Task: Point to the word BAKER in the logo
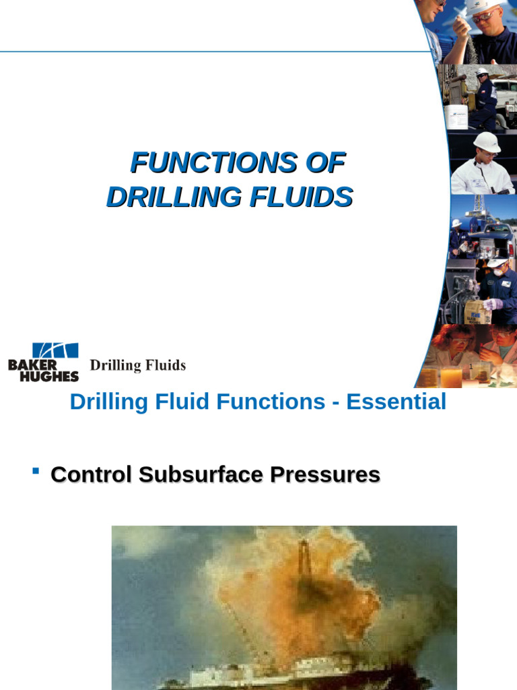click(32, 365)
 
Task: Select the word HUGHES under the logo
click(48, 376)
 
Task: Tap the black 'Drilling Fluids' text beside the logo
click(137, 365)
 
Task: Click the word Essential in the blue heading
click(396, 402)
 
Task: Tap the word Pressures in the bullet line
click(325, 474)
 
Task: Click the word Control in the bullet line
click(91, 474)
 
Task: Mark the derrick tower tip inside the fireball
click(303, 543)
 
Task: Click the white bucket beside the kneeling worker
click(456, 117)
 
